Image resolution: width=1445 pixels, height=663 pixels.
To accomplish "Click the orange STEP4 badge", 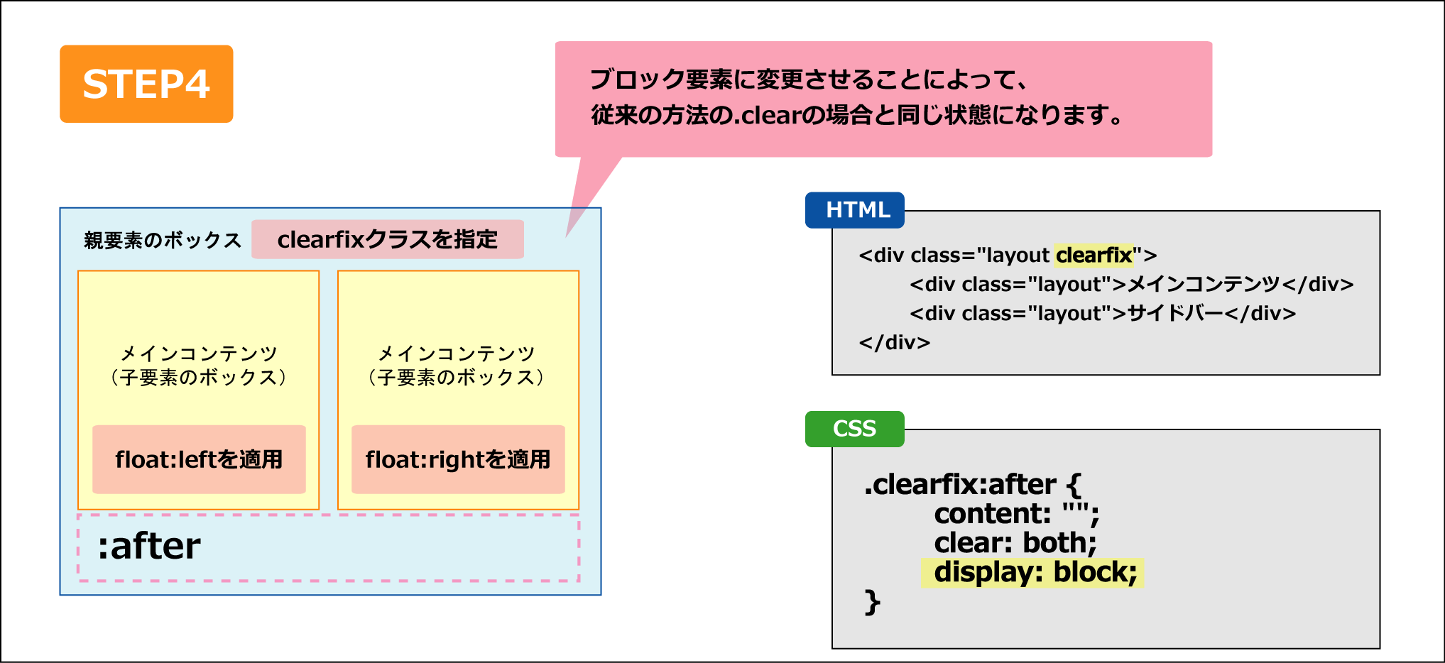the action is point(146,84).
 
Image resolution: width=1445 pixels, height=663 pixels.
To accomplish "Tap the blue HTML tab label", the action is point(855,210).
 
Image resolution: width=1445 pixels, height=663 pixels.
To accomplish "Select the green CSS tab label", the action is point(855,429).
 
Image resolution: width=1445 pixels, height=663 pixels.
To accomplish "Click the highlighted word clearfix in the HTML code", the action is point(1094,255).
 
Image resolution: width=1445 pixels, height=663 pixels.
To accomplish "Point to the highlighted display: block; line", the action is point(1033,572).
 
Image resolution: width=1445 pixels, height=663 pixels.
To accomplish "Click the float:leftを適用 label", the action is point(199,459).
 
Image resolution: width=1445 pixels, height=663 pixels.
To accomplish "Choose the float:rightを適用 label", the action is point(458,459).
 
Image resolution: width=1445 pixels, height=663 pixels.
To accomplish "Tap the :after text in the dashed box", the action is point(149,547).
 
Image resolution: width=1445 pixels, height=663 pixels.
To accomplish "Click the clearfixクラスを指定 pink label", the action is point(388,239).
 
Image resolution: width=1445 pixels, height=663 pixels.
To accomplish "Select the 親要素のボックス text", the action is point(163,241).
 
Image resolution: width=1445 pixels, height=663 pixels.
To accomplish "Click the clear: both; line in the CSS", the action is point(1015,543).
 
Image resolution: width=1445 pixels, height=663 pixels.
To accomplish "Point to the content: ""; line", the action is point(1017,514).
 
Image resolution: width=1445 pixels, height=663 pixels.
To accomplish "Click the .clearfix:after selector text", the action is point(960,484).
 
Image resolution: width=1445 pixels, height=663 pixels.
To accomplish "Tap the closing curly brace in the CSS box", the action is point(873,602).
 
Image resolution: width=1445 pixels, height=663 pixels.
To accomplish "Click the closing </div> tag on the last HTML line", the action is point(895,343).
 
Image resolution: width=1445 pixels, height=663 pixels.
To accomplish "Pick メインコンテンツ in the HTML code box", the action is point(1204,284).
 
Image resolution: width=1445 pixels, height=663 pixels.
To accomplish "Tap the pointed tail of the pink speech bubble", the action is point(567,236).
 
